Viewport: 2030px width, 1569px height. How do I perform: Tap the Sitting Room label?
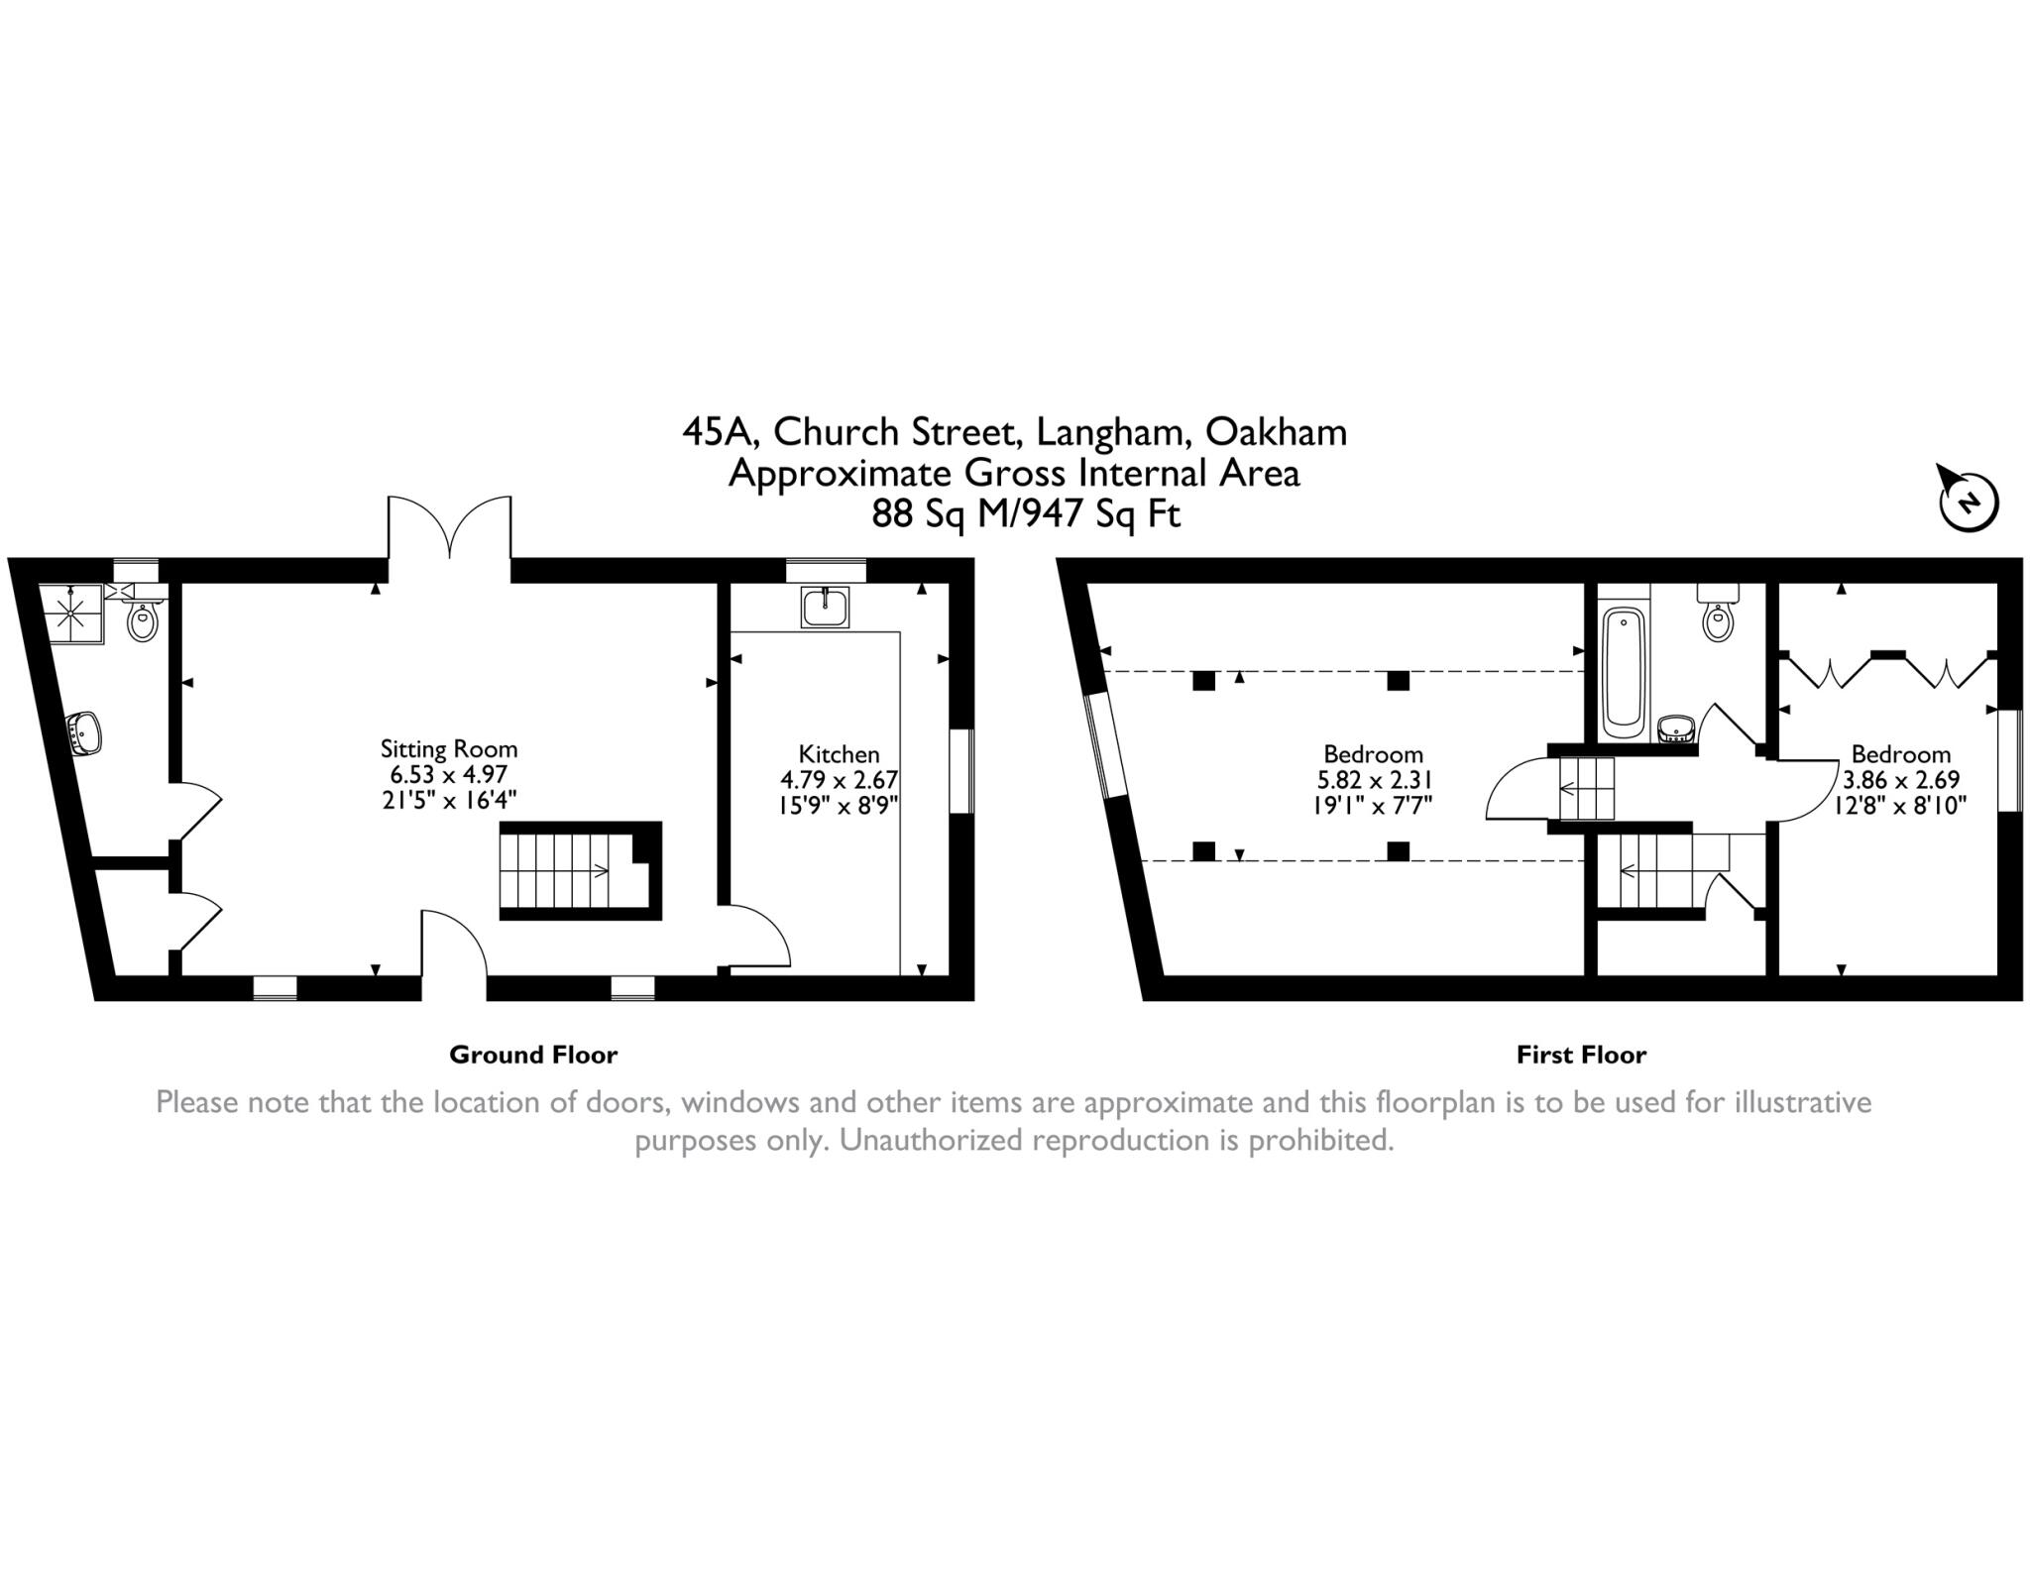(x=449, y=749)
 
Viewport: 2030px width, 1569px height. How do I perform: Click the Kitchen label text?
(x=839, y=754)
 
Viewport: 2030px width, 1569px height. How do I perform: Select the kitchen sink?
(x=826, y=607)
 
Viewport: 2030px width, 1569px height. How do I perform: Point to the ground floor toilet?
(x=143, y=622)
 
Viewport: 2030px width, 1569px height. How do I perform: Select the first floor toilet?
(x=1717, y=619)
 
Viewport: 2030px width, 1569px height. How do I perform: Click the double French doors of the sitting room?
(x=450, y=530)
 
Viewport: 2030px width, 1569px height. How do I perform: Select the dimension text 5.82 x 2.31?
(x=1373, y=780)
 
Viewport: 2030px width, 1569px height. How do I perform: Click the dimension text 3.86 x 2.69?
(x=1900, y=780)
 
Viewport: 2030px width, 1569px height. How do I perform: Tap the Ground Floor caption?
(x=533, y=1055)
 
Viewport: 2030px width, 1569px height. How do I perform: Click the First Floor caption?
(x=1581, y=1055)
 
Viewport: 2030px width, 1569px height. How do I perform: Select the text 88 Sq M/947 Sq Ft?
(x=1026, y=514)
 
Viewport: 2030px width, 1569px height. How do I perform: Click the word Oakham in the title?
(x=1276, y=432)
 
